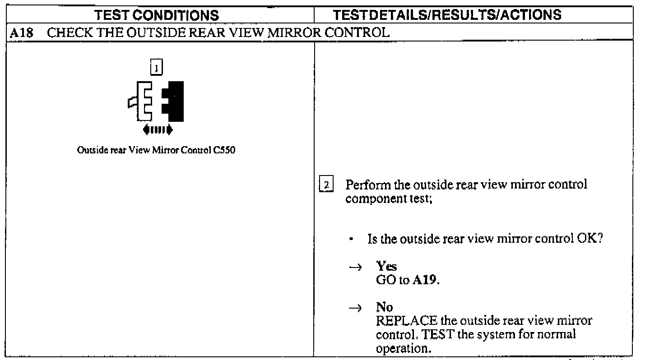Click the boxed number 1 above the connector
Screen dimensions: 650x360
(156, 69)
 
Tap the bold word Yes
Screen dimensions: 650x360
(386, 267)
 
